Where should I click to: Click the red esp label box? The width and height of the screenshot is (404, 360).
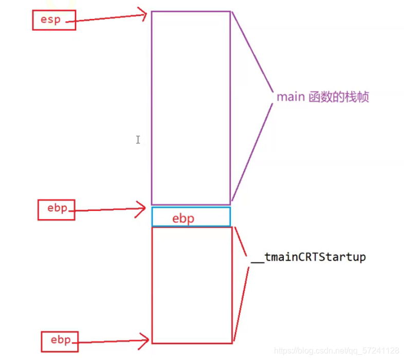click(54, 21)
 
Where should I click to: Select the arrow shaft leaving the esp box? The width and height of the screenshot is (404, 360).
click(108, 17)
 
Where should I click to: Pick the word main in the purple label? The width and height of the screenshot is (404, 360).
click(290, 97)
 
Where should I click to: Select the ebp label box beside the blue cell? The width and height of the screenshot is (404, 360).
click(57, 209)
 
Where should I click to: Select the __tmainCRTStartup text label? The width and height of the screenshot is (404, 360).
click(308, 257)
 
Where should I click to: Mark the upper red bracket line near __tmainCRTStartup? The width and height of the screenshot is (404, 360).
click(242, 242)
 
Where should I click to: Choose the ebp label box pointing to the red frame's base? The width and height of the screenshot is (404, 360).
click(60, 341)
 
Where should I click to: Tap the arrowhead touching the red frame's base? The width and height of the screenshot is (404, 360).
click(146, 339)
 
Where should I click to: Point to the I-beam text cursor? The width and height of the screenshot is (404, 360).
click(138, 139)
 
